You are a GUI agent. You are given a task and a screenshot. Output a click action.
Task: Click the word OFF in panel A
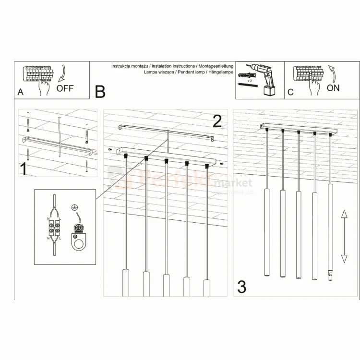65,89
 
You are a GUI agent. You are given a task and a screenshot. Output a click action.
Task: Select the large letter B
100,91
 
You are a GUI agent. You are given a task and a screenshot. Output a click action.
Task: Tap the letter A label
20,92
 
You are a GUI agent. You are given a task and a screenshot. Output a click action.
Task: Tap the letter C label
290,92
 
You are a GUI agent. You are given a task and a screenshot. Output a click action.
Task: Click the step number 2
217,121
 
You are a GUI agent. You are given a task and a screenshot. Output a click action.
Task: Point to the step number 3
242,287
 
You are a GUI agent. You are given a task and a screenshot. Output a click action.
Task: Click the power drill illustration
264,77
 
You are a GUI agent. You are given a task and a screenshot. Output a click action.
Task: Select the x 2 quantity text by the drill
250,82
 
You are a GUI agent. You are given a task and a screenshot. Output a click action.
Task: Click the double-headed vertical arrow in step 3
344,237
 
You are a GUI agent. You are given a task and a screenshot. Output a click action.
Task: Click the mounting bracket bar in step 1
58,145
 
